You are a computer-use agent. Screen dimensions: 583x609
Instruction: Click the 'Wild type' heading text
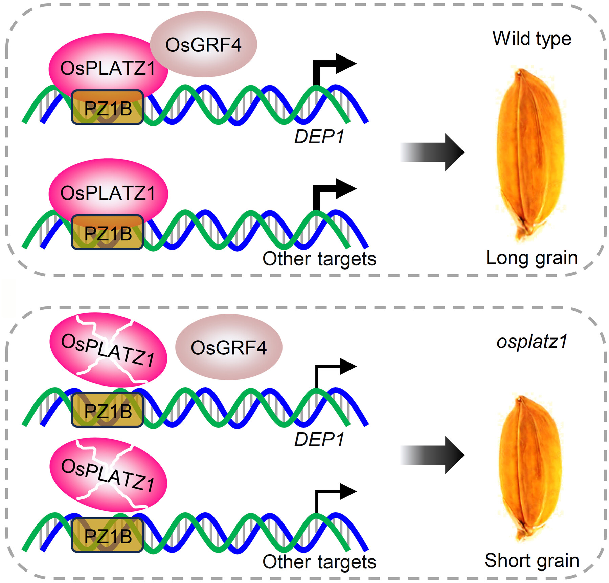[x=532, y=39]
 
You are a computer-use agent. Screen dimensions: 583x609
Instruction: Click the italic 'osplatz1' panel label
[x=532, y=342]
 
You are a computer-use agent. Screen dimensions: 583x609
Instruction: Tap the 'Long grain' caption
[x=532, y=258]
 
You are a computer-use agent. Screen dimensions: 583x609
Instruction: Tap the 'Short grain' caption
[x=532, y=561]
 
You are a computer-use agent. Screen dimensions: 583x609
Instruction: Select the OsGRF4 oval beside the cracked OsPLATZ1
[x=229, y=348]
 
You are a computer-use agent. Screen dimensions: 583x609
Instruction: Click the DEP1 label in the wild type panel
[x=319, y=137]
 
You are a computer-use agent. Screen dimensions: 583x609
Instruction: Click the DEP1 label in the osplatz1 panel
[x=319, y=440]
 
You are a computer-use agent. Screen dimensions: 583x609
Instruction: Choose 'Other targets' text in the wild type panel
[x=319, y=259]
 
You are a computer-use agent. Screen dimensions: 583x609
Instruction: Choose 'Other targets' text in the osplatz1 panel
[x=319, y=562]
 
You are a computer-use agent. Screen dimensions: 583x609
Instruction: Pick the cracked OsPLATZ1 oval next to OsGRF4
[x=108, y=350]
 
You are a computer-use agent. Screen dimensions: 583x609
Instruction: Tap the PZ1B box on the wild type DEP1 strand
[x=108, y=108]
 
